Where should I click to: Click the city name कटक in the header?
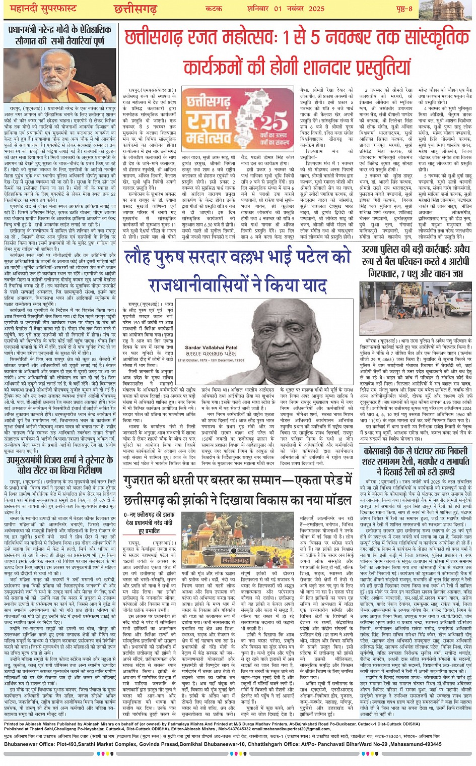pos(214,9)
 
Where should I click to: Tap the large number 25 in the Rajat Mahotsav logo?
pos(275,122)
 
